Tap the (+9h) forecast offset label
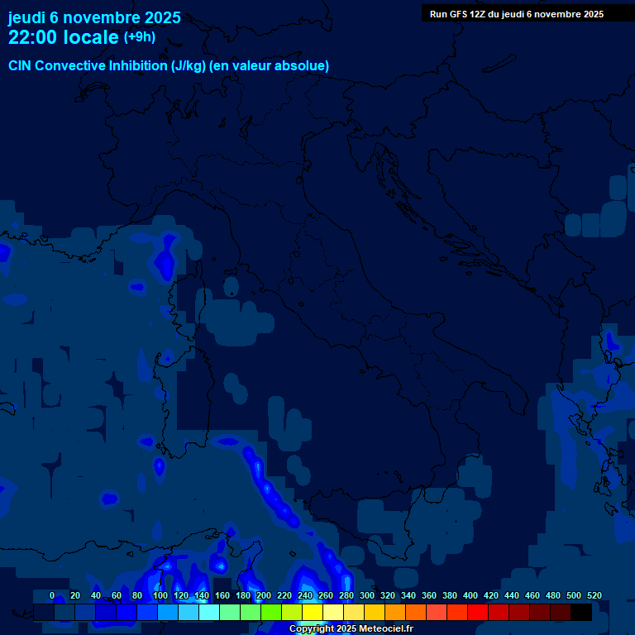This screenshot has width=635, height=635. point(140,37)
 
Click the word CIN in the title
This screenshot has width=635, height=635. point(21,65)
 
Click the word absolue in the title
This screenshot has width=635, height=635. point(302,65)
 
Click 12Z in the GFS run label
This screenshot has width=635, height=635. point(477,14)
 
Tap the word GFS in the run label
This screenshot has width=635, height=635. point(456,14)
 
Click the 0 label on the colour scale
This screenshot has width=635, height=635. point(52,595)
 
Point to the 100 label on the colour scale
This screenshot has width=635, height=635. point(160,595)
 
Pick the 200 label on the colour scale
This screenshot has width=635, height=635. point(264,595)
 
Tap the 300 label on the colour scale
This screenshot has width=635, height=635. point(367,595)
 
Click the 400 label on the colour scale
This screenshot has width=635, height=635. point(470,595)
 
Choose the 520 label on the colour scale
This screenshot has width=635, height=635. point(594,595)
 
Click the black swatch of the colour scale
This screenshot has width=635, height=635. point(581,612)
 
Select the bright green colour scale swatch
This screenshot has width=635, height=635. point(271,612)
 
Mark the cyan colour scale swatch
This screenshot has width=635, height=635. point(209,612)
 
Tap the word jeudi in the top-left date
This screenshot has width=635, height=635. point(26,17)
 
